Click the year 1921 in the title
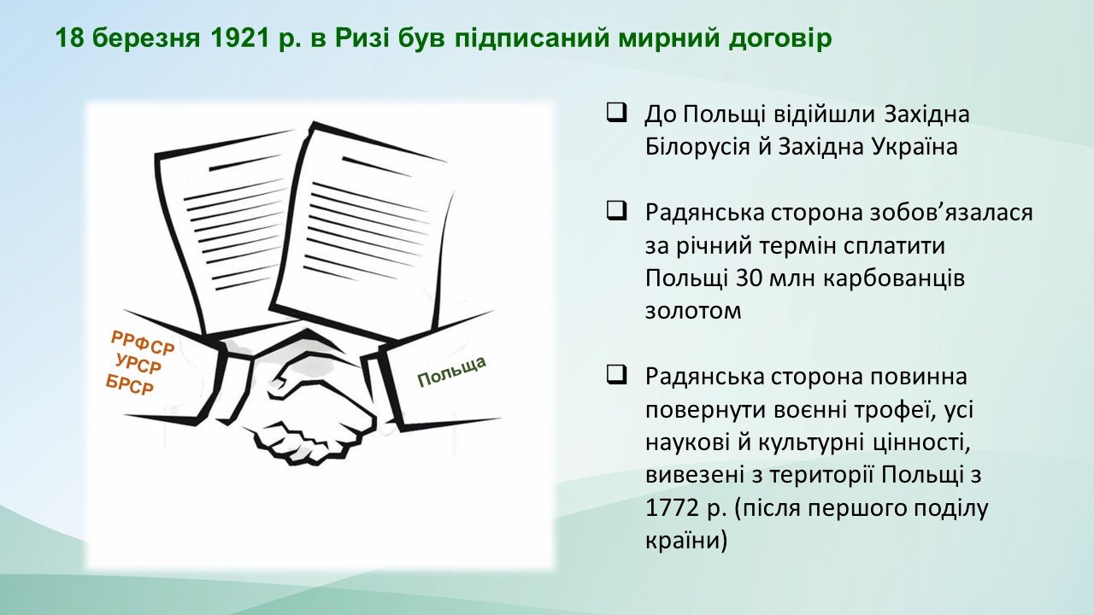[x=240, y=38]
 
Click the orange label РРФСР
[x=143, y=343]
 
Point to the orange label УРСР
[x=138, y=364]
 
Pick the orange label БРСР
[x=130, y=384]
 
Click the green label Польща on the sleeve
[x=452, y=372]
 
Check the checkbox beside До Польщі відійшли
[x=617, y=114]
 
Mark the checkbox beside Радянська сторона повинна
[x=617, y=375]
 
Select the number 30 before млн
[x=745, y=278]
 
